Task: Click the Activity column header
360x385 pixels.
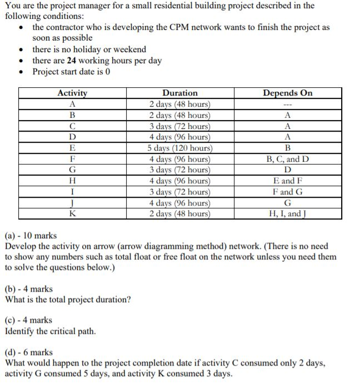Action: coord(72,93)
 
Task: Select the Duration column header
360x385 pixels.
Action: coord(179,93)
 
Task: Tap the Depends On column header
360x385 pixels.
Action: coord(287,93)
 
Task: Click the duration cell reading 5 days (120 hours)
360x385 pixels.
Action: coord(179,148)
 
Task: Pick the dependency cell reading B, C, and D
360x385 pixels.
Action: coord(287,159)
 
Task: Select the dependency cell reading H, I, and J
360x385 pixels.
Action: coord(287,213)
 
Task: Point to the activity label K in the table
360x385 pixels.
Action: coord(72,213)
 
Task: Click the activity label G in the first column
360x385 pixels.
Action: coord(72,169)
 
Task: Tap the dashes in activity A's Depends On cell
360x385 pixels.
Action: coord(287,104)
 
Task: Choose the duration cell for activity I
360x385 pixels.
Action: coord(179,192)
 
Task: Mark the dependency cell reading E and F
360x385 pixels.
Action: coord(287,181)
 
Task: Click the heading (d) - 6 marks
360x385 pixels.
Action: coord(29,352)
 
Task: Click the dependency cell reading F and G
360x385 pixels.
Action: coord(287,192)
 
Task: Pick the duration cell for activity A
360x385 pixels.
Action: coord(179,104)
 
